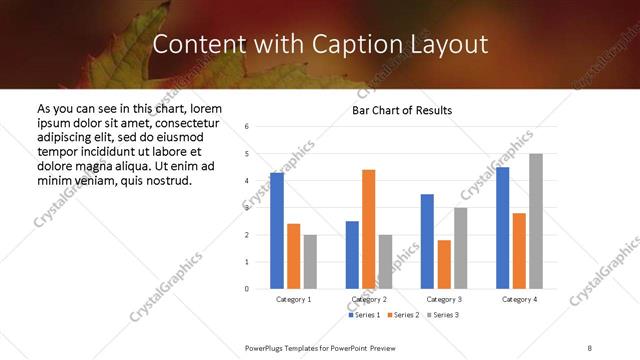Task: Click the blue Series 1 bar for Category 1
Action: (x=277, y=231)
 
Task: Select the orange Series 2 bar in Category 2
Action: (x=368, y=229)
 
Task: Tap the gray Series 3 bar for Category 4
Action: (x=536, y=221)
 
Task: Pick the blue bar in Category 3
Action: (x=427, y=241)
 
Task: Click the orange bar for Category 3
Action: (x=443, y=264)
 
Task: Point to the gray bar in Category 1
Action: (x=310, y=262)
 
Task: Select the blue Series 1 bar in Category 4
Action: (x=503, y=228)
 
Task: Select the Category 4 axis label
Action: (x=519, y=299)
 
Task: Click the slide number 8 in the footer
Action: (x=590, y=347)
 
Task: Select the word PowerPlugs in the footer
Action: (x=266, y=347)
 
